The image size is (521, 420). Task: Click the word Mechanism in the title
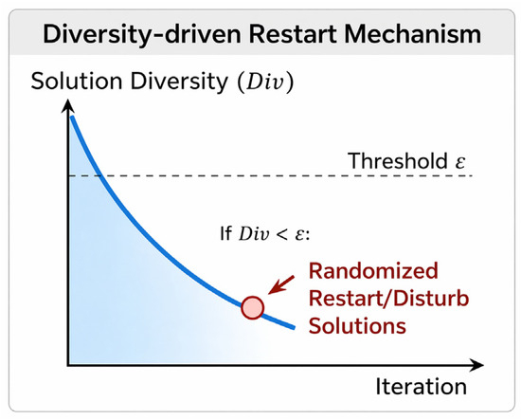pos(413,34)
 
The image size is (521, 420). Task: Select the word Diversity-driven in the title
pos(142,35)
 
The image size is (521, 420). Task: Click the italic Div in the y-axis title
pos(265,82)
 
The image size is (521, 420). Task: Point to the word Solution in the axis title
pos(77,82)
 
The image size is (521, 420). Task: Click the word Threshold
pos(398,161)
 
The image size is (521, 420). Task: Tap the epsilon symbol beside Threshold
pos(459,163)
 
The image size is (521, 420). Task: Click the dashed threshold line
pos(271,175)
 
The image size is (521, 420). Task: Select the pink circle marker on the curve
pos(253,308)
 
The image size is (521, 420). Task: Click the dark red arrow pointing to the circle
pos(281,284)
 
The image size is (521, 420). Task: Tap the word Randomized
pos(373,271)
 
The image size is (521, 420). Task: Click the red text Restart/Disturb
pos(388,299)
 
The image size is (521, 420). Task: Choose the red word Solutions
pos(357,326)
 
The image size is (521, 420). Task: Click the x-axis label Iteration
pos(422,387)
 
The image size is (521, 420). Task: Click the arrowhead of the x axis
pos(476,365)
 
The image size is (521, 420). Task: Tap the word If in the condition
pos(226,234)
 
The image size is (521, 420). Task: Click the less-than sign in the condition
pos(281,235)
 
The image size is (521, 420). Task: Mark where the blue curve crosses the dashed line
pos(100,175)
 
